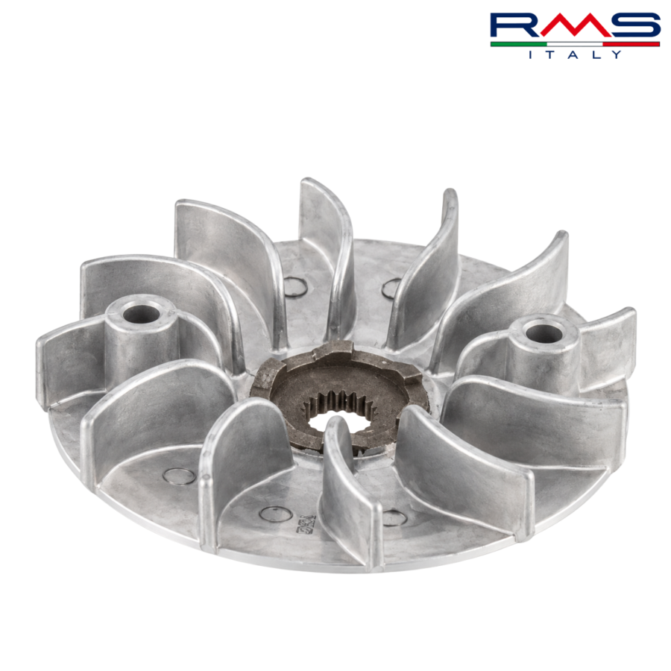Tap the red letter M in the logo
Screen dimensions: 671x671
click(574, 25)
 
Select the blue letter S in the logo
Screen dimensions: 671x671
click(633, 25)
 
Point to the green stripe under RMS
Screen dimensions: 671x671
click(519, 44)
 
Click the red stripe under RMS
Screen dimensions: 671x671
click(631, 44)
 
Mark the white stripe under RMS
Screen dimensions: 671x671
click(575, 44)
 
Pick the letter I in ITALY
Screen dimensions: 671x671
click(531, 54)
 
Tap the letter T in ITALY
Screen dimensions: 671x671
click(551, 54)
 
